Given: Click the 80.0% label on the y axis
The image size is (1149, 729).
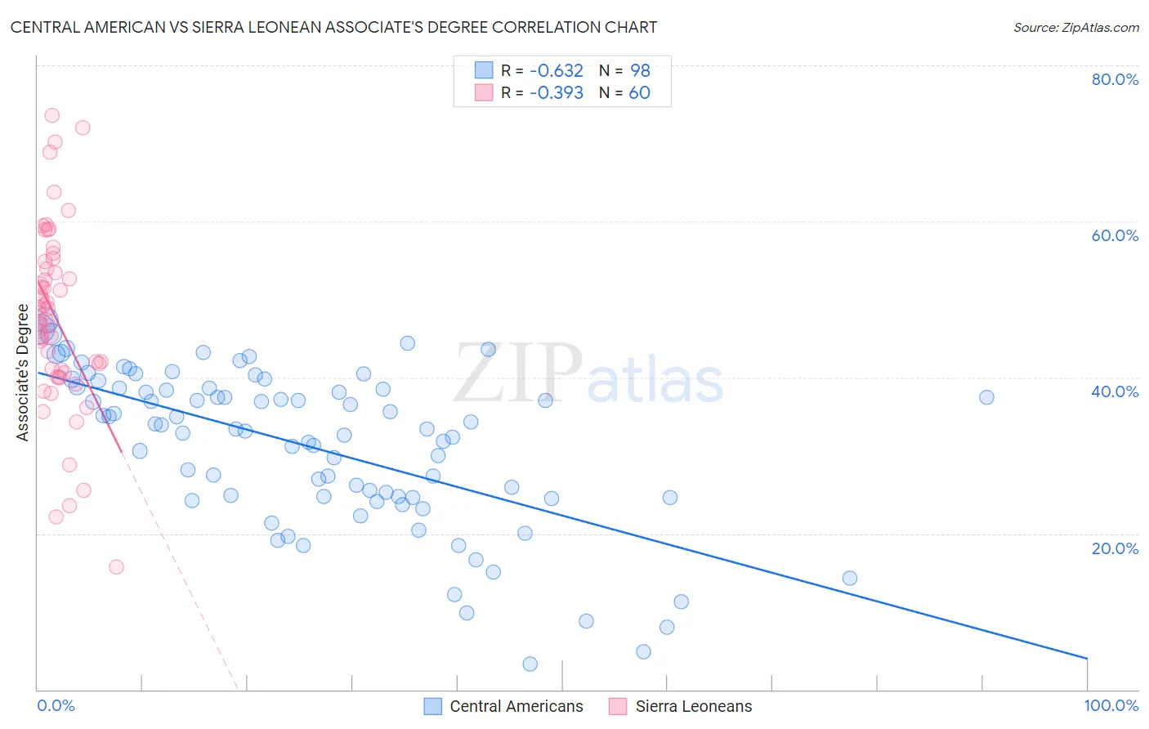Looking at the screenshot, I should [x=1115, y=79].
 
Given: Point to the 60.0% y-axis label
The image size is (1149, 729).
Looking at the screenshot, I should [x=1115, y=235].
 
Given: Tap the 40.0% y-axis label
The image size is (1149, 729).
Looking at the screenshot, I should [x=1115, y=391].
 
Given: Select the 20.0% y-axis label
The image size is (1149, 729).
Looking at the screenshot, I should [x=1115, y=548].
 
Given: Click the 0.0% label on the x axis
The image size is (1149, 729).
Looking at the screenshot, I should [x=56, y=705].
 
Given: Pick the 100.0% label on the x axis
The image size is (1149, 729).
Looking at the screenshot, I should [x=1111, y=705].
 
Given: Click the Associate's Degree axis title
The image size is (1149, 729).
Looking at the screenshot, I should [x=23, y=373].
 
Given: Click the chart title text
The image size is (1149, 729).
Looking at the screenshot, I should [x=333, y=27].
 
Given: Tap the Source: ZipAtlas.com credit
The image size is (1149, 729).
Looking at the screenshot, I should [x=1075, y=27].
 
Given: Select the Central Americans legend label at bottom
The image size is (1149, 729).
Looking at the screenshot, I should [x=516, y=706].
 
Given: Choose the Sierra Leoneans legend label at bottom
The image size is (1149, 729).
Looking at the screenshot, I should [x=694, y=706].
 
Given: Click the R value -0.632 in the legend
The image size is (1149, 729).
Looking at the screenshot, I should [x=556, y=70].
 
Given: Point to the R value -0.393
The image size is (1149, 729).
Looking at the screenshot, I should [x=556, y=92].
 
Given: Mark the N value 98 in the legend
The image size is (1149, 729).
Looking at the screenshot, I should [x=640, y=70].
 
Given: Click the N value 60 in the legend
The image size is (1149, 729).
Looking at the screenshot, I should [x=639, y=92].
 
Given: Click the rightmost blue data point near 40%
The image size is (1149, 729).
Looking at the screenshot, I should [x=986, y=397].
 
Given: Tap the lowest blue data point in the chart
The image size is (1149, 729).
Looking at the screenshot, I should [x=530, y=664].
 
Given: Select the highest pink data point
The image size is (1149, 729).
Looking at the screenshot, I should [x=51, y=115].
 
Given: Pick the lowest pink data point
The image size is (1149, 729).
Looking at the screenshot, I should [x=116, y=567].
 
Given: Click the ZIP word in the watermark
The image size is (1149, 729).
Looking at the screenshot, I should [x=518, y=373].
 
